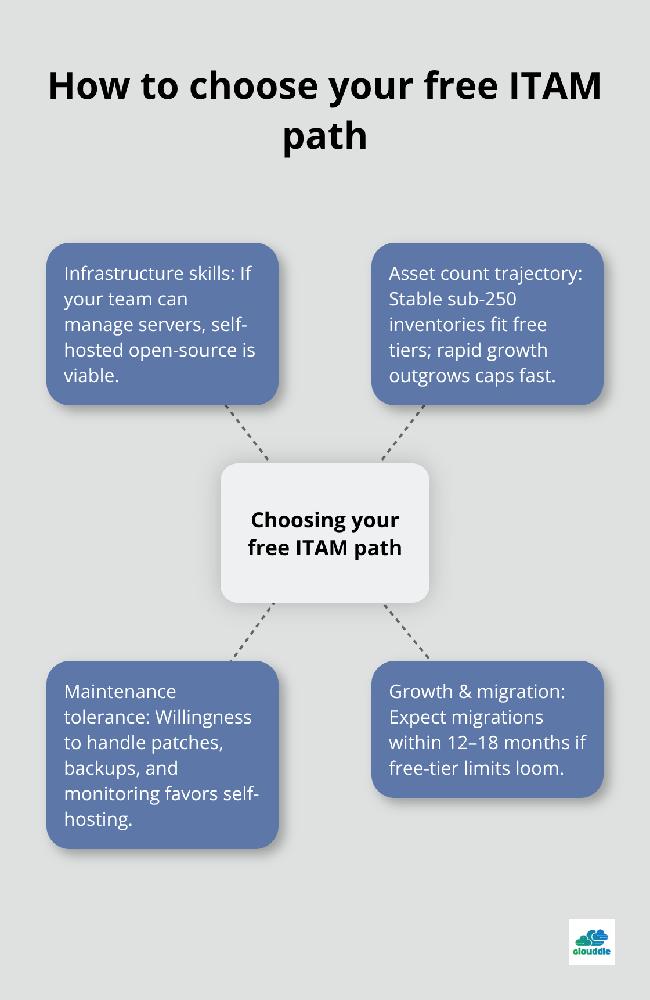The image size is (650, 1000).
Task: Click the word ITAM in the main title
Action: point(555,86)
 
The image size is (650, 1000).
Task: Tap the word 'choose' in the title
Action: point(254,86)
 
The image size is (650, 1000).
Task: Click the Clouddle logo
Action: point(591,941)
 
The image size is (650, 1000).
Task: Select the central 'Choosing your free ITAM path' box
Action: point(325,533)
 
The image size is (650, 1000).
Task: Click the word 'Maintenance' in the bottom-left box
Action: point(120,692)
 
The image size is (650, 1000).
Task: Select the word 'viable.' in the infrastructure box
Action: point(91,376)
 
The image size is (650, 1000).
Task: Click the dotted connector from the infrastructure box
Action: point(248,434)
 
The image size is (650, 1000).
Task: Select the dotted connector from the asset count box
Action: point(402,434)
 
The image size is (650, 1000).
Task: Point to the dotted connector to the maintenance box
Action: point(252,632)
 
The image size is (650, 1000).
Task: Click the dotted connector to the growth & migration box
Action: point(406,631)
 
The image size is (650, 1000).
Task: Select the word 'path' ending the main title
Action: point(325,136)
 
